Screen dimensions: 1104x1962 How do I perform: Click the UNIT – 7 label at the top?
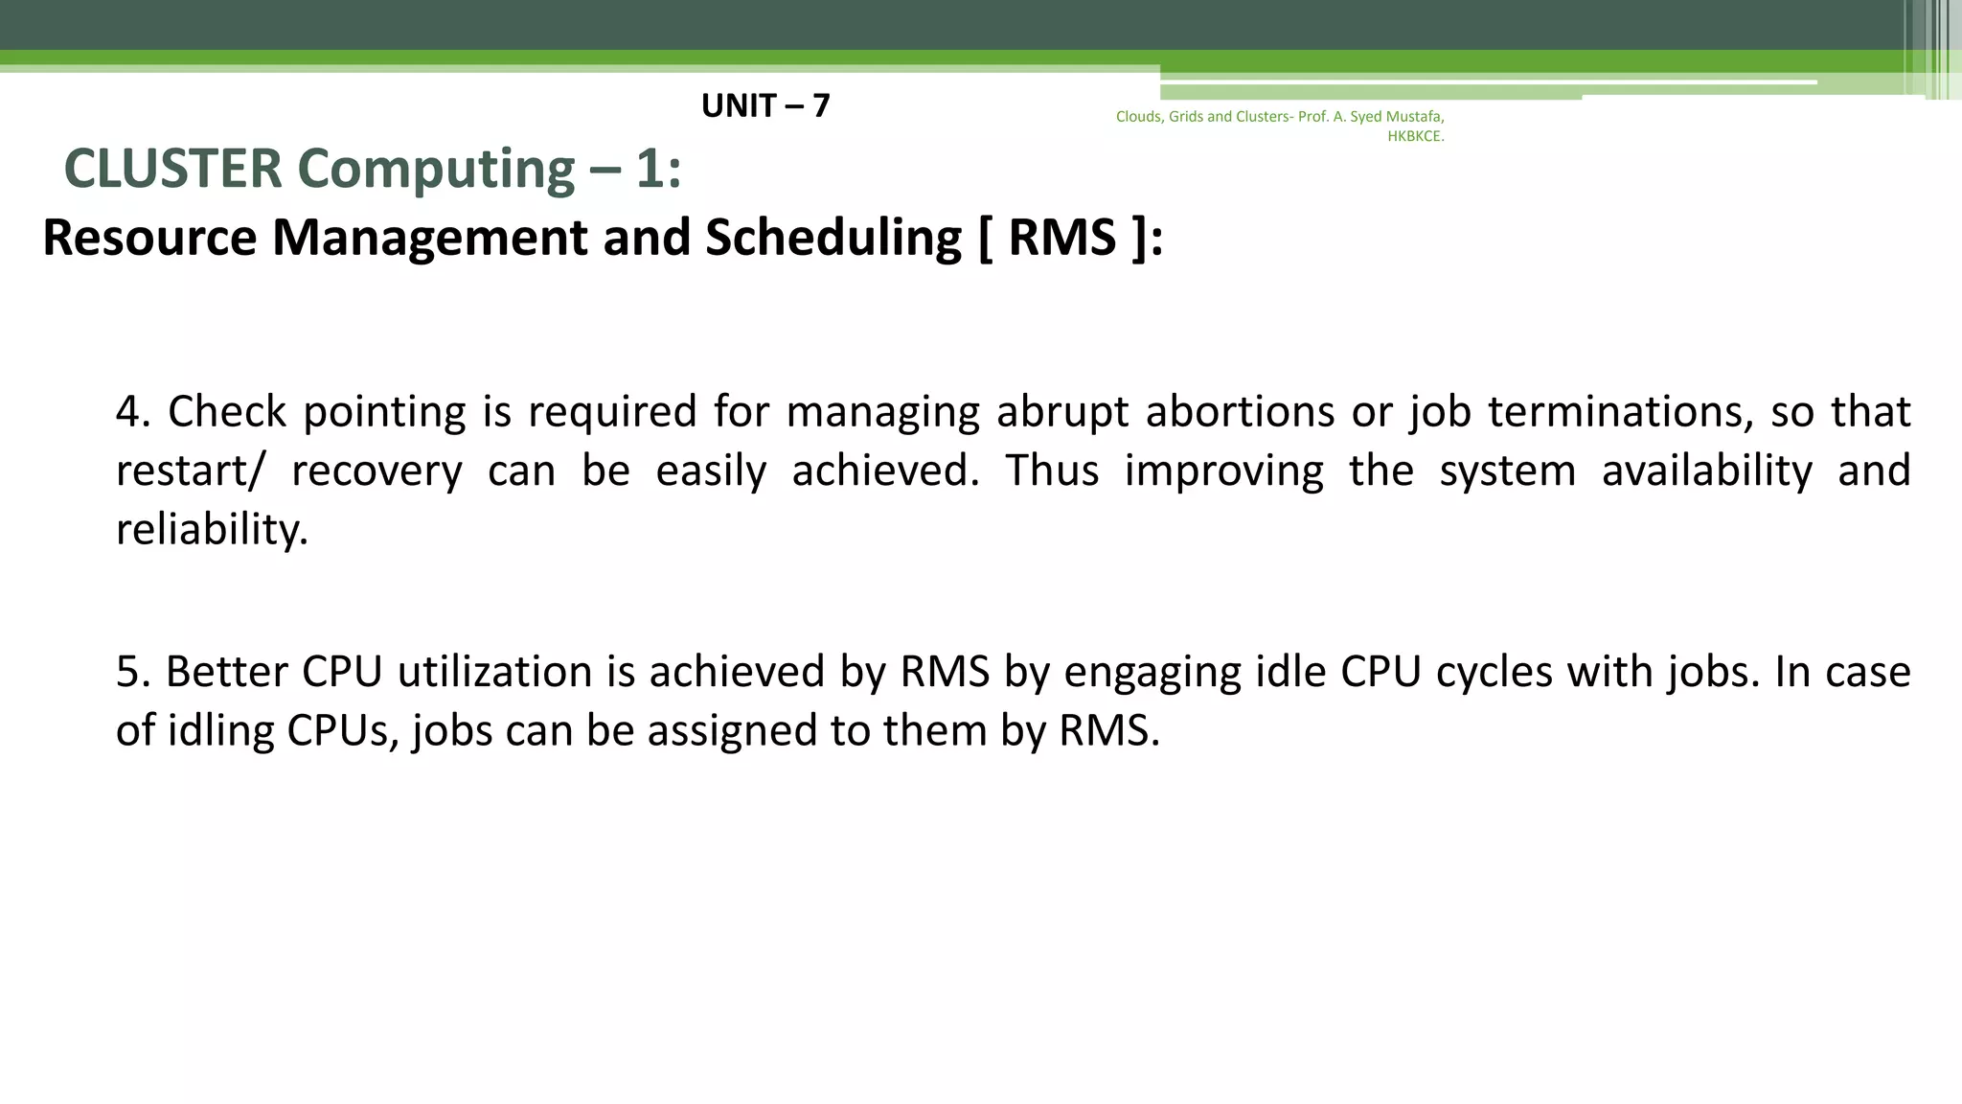point(765,105)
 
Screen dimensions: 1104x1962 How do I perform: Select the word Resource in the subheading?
point(149,237)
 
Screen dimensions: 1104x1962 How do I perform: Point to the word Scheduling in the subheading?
point(833,237)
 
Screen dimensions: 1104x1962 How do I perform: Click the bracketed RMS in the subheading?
point(1062,237)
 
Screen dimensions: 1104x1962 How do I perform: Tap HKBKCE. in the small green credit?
point(1415,136)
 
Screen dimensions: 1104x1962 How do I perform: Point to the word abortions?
point(1240,411)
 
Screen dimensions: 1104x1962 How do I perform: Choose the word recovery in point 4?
point(376,471)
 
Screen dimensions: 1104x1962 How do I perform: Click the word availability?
point(1707,471)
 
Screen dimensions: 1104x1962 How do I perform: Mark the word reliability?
point(212,529)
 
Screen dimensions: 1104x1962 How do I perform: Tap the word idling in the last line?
point(221,730)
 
